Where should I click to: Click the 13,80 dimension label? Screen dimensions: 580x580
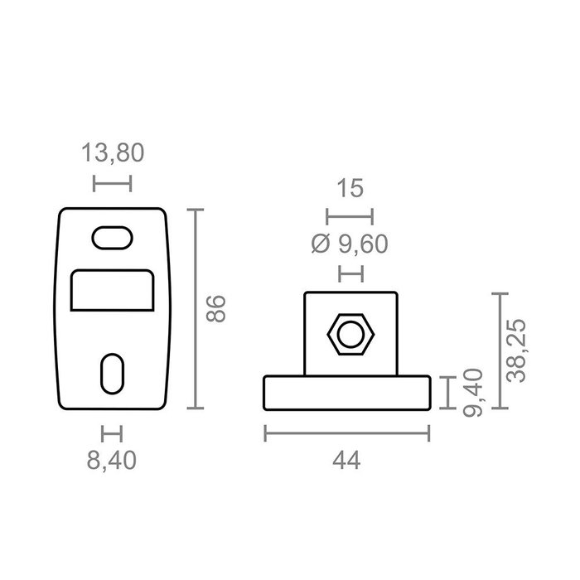(x=113, y=152)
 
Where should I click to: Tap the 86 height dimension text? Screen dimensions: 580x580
(x=215, y=309)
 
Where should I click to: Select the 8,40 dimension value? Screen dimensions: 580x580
(x=112, y=461)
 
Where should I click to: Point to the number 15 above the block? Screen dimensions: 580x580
(x=350, y=188)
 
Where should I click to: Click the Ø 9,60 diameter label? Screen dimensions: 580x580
(x=350, y=244)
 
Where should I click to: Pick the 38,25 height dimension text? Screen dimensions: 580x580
(x=516, y=350)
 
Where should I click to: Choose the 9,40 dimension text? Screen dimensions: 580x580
(x=473, y=393)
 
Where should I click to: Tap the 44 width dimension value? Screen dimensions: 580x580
(x=346, y=461)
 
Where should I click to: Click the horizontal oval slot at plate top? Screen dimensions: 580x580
(x=112, y=238)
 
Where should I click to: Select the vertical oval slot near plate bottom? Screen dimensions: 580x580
(x=112, y=374)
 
